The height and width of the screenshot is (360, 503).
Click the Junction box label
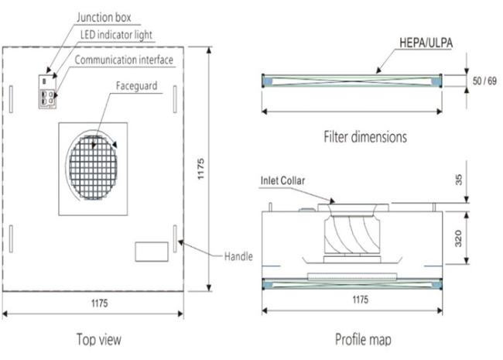[104, 17]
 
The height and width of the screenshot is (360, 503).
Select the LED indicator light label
[116, 35]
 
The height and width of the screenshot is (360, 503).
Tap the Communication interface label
[124, 60]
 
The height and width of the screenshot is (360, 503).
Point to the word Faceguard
[137, 86]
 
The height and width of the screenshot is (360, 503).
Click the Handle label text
[238, 256]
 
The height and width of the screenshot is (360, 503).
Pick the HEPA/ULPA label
[426, 43]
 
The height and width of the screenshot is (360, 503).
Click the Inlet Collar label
[282, 180]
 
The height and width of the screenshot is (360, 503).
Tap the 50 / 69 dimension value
[484, 81]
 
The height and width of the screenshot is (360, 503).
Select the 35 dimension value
[459, 180]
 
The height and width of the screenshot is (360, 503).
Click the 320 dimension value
[458, 238]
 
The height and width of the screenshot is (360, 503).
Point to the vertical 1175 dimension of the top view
[200, 169]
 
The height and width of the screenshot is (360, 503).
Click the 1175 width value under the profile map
[361, 300]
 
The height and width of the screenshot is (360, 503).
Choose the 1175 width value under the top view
[100, 303]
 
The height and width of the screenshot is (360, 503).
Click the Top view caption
[99, 339]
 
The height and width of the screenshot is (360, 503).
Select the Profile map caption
[363, 339]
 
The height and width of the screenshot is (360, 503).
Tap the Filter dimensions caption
[365, 137]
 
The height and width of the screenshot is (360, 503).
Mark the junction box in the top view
[47, 92]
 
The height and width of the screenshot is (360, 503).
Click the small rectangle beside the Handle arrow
[152, 252]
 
